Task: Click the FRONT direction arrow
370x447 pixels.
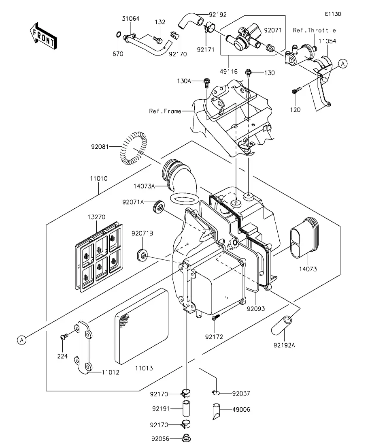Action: tap(43, 36)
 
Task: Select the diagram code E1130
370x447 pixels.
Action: tap(333, 14)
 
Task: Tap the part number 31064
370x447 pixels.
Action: tap(131, 19)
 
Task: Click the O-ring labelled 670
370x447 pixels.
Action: tap(118, 35)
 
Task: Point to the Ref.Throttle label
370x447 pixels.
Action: tap(315, 30)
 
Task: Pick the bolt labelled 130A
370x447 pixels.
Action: tap(206, 83)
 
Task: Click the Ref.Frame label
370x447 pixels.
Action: tap(165, 111)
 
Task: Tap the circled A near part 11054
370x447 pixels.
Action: tap(343, 64)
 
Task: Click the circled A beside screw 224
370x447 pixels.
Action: tap(21, 340)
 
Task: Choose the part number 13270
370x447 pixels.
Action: tap(96, 217)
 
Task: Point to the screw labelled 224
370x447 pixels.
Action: tap(64, 337)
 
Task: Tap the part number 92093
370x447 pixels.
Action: tap(256, 309)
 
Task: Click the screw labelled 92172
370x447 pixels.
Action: tap(216, 317)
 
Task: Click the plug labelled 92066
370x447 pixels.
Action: tap(186, 438)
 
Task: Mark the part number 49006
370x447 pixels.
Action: tap(241, 410)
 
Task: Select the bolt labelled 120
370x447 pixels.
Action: tap(296, 91)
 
